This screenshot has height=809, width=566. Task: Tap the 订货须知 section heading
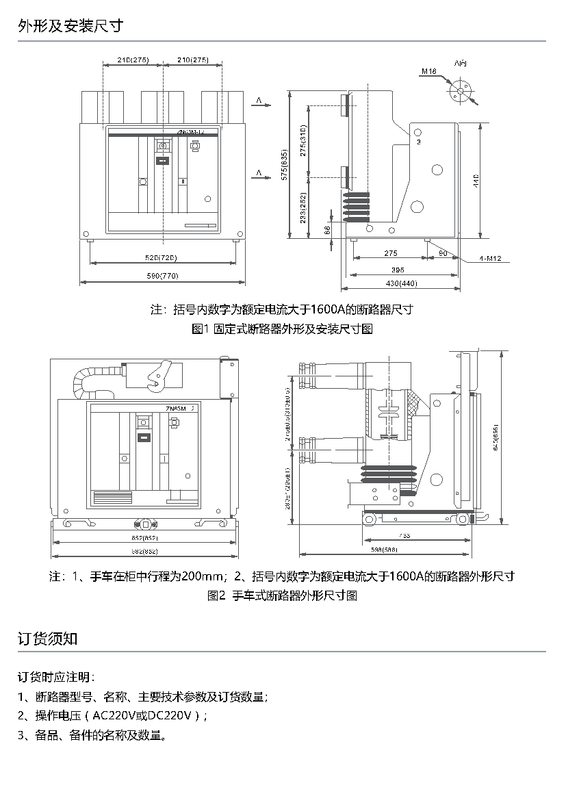pyautogui.click(x=47, y=639)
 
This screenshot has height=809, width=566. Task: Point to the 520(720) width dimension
pyautogui.click(x=162, y=258)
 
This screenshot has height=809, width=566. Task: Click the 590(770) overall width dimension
pyautogui.click(x=162, y=276)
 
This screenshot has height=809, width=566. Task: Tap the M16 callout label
pyautogui.click(x=429, y=71)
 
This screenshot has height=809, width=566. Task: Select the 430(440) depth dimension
pyautogui.click(x=402, y=283)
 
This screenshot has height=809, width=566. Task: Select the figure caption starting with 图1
pyautogui.click(x=283, y=329)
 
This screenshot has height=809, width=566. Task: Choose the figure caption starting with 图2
pyautogui.click(x=283, y=595)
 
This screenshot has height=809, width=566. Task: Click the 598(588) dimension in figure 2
pyautogui.click(x=384, y=550)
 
